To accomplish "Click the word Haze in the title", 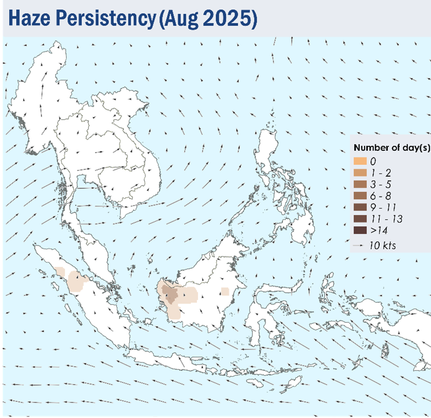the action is click(29, 18).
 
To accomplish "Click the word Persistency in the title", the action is click(106, 19).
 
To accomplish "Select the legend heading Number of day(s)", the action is click(392, 148).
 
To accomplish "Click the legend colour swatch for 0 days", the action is click(360, 161).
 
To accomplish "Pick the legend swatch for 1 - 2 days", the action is click(360, 172).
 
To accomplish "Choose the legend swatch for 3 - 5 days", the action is click(360, 184).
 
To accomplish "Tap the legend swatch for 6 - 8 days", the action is click(360, 196).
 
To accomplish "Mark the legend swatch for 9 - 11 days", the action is click(360, 207).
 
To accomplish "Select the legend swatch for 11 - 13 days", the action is click(360, 219).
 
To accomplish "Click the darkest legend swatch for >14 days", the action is click(360, 230).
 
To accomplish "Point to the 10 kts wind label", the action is click(382, 246).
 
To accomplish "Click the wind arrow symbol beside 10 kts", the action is click(358, 246).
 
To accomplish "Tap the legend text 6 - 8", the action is click(380, 196).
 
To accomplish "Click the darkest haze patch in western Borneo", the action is click(170, 294).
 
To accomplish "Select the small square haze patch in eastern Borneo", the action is click(225, 291).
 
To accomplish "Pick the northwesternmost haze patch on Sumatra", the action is click(59, 272).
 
